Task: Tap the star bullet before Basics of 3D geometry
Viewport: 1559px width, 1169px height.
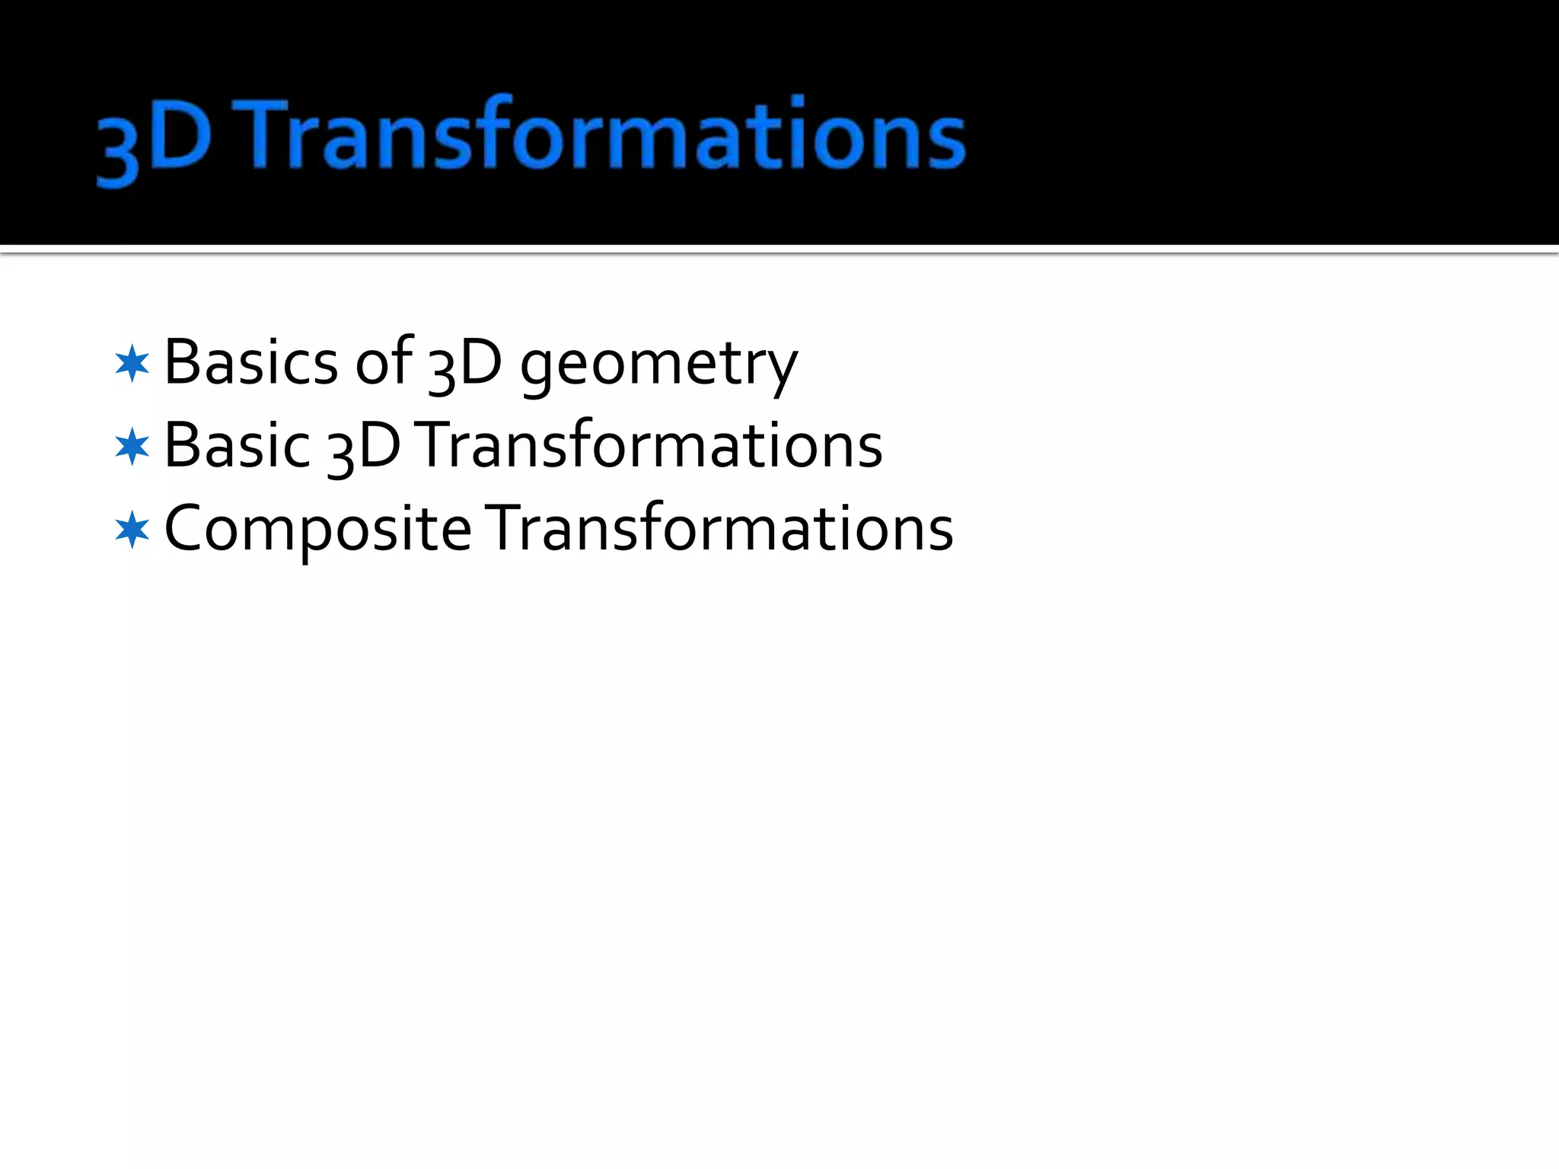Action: [x=132, y=363]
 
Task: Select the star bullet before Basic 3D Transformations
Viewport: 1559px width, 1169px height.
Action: [x=132, y=446]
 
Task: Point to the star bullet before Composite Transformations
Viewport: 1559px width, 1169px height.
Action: [x=132, y=529]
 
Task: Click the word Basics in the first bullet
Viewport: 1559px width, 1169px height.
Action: [x=250, y=362]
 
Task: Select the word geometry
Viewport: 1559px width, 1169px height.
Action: [x=658, y=365]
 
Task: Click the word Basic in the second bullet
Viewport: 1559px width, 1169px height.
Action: [x=237, y=445]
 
